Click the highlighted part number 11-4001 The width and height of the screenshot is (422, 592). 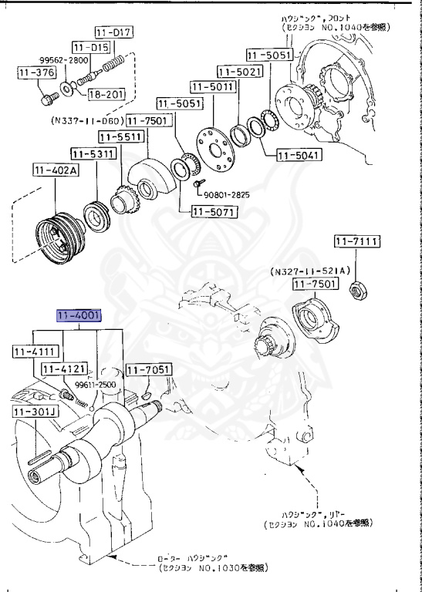coord(77,316)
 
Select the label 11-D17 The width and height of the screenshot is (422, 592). coord(114,32)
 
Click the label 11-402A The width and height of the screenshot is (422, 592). coord(53,170)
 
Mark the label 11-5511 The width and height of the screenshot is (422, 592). coord(120,136)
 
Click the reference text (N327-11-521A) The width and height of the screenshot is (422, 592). coord(310,271)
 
